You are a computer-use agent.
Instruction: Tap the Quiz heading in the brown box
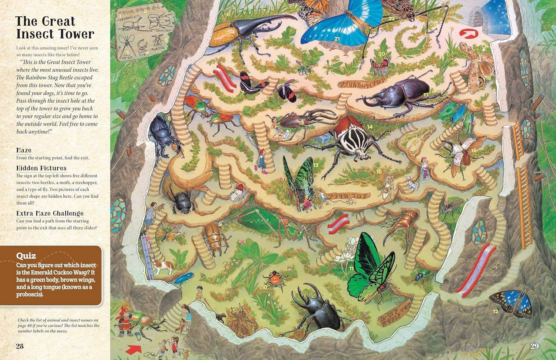pos(26,255)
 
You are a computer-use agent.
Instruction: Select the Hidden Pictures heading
pos(41,168)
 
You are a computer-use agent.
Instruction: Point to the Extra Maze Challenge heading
pos(50,213)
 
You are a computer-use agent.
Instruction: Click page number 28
pos(20,346)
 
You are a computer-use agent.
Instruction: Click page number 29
pos(535,346)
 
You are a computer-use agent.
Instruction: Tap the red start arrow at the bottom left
pos(134,349)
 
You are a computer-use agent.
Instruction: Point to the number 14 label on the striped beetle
pos(370,127)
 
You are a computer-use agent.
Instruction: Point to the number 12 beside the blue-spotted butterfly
pos(496,311)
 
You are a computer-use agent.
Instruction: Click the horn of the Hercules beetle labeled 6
pos(274,19)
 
